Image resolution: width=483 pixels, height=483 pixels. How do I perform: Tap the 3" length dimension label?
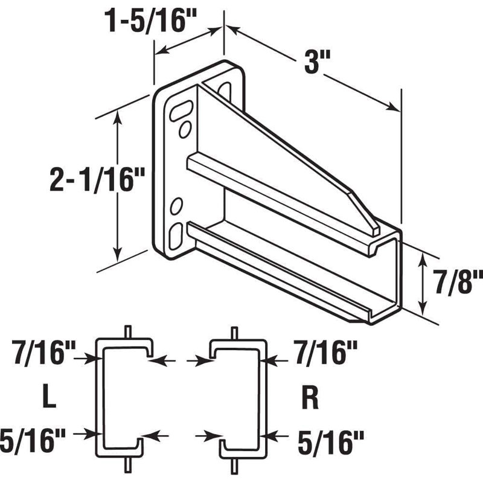click(x=312, y=62)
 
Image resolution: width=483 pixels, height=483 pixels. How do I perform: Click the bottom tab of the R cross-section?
click(x=234, y=465)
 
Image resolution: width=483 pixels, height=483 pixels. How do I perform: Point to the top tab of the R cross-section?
click(x=234, y=332)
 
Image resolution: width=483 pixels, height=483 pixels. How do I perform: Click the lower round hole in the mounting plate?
click(x=177, y=207)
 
